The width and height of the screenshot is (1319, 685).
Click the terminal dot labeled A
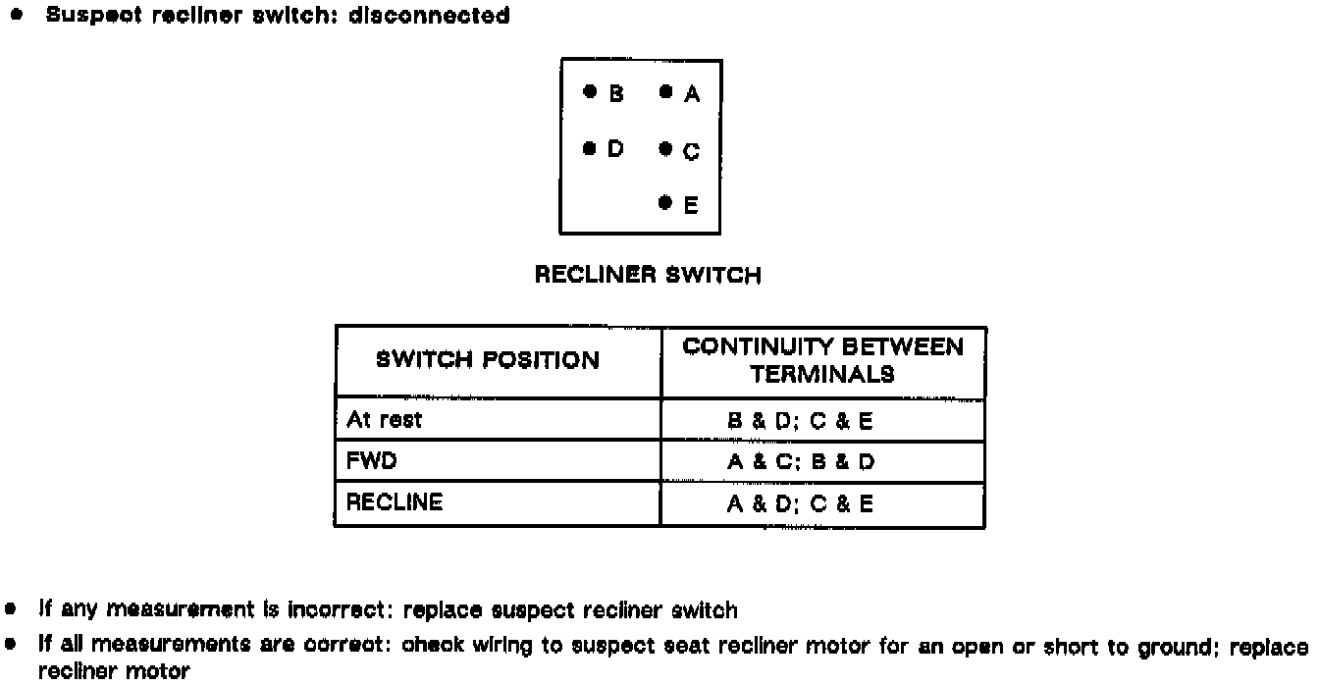coord(665,92)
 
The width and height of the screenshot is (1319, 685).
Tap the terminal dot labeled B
coord(589,91)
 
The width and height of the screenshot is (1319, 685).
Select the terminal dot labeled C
coord(665,149)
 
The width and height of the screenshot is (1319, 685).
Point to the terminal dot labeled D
coord(589,148)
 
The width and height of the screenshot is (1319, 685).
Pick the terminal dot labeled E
coord(665,203)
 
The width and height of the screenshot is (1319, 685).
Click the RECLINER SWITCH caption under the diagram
coord(648,276)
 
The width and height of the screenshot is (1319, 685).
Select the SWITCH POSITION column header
coord(487,360)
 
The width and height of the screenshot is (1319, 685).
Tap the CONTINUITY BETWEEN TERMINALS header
coord(822,360)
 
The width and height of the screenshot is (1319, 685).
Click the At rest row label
coord(384,420)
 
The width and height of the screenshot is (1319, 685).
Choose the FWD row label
coord(371,461)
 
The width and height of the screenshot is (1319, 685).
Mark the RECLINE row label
coord(395,502)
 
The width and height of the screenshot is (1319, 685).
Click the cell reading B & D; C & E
coord(800,422)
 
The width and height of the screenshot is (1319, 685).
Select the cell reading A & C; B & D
coord(800,462)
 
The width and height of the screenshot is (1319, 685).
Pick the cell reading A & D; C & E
coord(800,504)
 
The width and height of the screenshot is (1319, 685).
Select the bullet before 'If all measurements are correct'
coord(11,646)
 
